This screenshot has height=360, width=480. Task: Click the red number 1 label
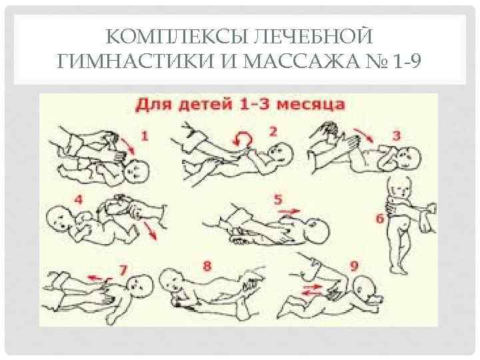(x=145, y=135)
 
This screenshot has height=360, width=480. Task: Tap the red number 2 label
(x=273, y=131)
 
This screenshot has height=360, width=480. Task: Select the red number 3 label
(x=396, y=135)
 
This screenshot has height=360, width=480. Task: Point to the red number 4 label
(x=79, y=199)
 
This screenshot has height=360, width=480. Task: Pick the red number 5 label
(x=277, y=199)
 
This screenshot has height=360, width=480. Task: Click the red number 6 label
(x=380, y=219)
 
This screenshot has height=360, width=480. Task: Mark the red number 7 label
(x=123, y=270)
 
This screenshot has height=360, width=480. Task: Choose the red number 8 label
(x=207, y=266)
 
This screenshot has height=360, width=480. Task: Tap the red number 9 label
(x=354, y=266)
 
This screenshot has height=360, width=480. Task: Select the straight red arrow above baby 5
(x=289, y=211)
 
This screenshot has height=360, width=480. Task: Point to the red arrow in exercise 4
(x=150, y=231)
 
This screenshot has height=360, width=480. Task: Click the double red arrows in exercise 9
(x=312, y=290)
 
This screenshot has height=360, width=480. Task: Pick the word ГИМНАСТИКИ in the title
(x=135, y=61)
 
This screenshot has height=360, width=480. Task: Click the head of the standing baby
(x=400, y=187)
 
